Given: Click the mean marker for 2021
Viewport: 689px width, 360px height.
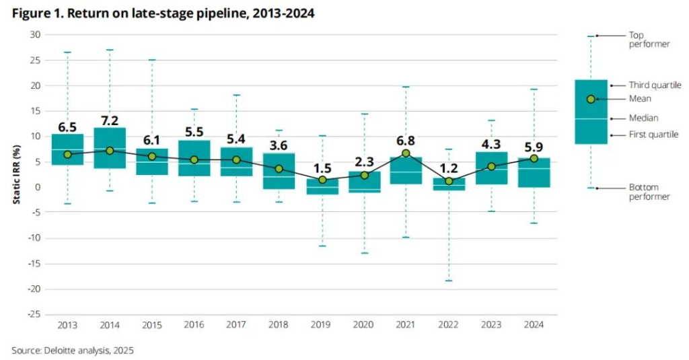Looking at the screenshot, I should point(406,153).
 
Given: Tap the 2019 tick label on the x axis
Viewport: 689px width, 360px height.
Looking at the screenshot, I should point(321,325).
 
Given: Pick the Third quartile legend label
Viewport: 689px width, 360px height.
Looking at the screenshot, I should point(655,85).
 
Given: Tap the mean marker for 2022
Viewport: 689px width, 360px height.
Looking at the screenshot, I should point(448,181).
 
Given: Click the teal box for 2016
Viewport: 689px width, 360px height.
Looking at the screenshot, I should point(194,158).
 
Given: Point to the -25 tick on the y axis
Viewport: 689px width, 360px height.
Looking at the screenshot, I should point(33,314).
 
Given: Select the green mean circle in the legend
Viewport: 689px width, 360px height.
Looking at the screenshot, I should point(591,99).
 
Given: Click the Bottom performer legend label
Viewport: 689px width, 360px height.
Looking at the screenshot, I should point(649,192).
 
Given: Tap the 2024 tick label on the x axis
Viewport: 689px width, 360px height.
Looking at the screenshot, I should point(533,325).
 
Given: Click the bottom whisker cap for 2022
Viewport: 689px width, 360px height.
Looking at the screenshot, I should point(448,280).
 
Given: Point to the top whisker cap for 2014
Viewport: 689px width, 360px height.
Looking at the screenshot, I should point(110,50).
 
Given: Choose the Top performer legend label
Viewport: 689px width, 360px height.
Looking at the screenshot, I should point(649,39).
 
